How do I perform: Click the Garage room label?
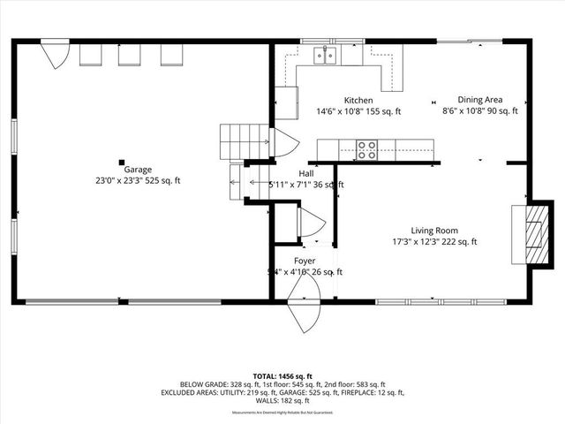pyautogui.click(x=137, y=170)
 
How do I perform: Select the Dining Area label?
pyautogui.click(x=479, y=101)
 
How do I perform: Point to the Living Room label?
pyautogui.click(x=434, y=231)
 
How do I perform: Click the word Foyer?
pyautogui.click(x=305, y=261)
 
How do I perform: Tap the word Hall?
pyautogui.click(x=305, y=174)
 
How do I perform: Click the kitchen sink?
pyautogui.click(x=327, y=57)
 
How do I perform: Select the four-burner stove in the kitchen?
pyautogui.click(x=366, y=150)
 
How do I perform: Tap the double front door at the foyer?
pyautogui.click(x=305, y=314)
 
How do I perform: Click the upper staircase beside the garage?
pyautogui.click(x=244, y=139)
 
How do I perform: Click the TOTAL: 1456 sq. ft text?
pyautogui.click(x=282, y=376)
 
